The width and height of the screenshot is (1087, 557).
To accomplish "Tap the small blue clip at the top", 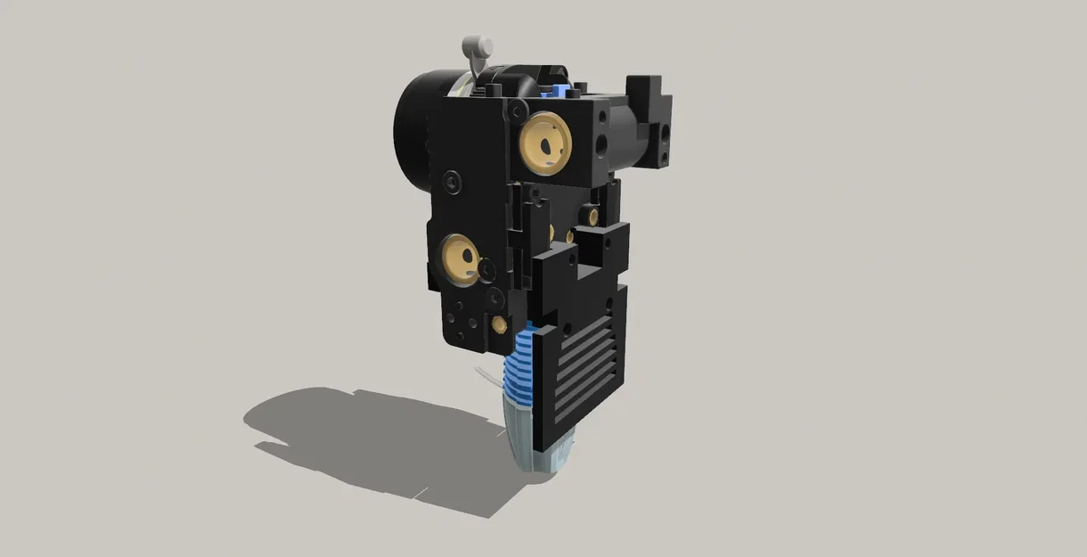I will point(559,89).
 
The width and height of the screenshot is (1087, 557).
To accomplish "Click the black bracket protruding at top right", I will point(649,98).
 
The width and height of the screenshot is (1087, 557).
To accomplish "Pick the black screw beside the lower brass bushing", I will point(486,268).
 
